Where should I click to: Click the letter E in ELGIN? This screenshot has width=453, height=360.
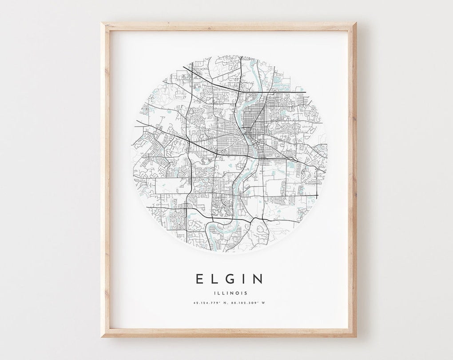[x=199, y=279]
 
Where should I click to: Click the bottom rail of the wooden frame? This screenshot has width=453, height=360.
[x=229, y=333]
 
